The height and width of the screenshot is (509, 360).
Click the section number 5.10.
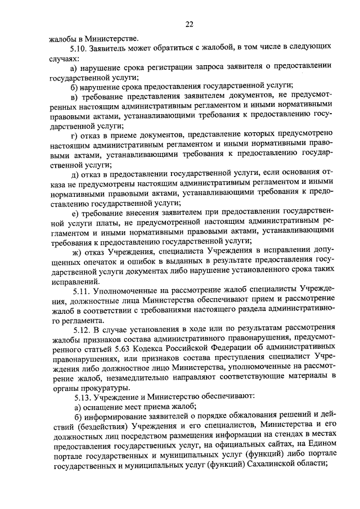point(77,49)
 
